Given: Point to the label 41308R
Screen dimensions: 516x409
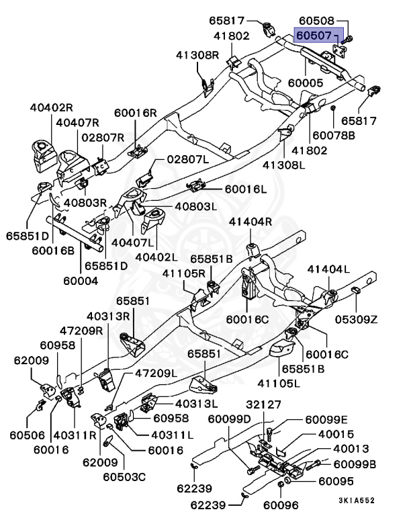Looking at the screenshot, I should point(198,54).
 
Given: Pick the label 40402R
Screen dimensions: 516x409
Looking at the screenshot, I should point(50,107).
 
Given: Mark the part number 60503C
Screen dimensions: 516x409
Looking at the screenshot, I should point(124,477).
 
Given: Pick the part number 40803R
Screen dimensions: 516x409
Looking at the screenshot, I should point(85,202).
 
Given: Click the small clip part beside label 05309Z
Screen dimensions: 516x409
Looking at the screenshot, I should point(357,290).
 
